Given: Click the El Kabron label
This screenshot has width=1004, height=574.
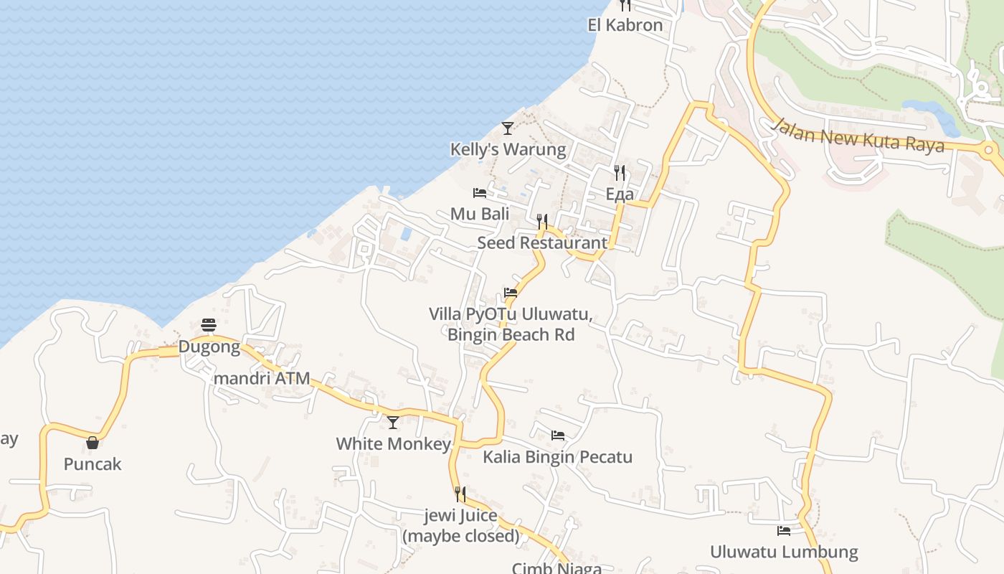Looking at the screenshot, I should coord(625,25).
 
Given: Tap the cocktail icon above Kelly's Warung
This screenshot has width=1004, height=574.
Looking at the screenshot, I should coord(508,128).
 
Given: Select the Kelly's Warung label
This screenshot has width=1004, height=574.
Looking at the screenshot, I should coord(508,149).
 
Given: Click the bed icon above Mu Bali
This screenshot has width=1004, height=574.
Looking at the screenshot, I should coord(480,193).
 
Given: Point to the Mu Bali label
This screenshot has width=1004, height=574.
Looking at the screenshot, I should coord(480,214).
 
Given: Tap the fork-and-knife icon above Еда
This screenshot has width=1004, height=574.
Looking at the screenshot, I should coord(620,173).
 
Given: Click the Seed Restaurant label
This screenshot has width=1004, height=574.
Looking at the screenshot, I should coord(542,243).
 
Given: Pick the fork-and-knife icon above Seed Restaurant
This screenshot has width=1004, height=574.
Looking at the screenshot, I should coord(542,221).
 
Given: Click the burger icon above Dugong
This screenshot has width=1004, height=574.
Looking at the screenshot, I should coord(209,325).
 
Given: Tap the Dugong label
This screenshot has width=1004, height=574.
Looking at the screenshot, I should coord(209,347).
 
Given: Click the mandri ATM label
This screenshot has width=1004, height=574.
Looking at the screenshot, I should coord(262,378).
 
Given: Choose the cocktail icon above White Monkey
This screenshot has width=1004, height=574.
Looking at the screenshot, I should coord(393,423).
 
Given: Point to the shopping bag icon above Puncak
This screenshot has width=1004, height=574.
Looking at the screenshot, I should coord(93,443).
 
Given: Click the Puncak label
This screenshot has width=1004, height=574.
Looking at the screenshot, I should coord(93,464).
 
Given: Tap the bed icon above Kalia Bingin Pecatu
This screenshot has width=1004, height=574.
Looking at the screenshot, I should coord(557,436).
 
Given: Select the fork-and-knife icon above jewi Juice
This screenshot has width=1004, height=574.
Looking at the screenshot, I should coord(460,494).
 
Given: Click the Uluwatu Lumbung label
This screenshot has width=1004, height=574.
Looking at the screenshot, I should coord(784,552).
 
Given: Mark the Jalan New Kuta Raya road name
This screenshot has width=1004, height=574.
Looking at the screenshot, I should coord(858,136).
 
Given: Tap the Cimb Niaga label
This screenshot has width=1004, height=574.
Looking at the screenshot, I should coord(557,568).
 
